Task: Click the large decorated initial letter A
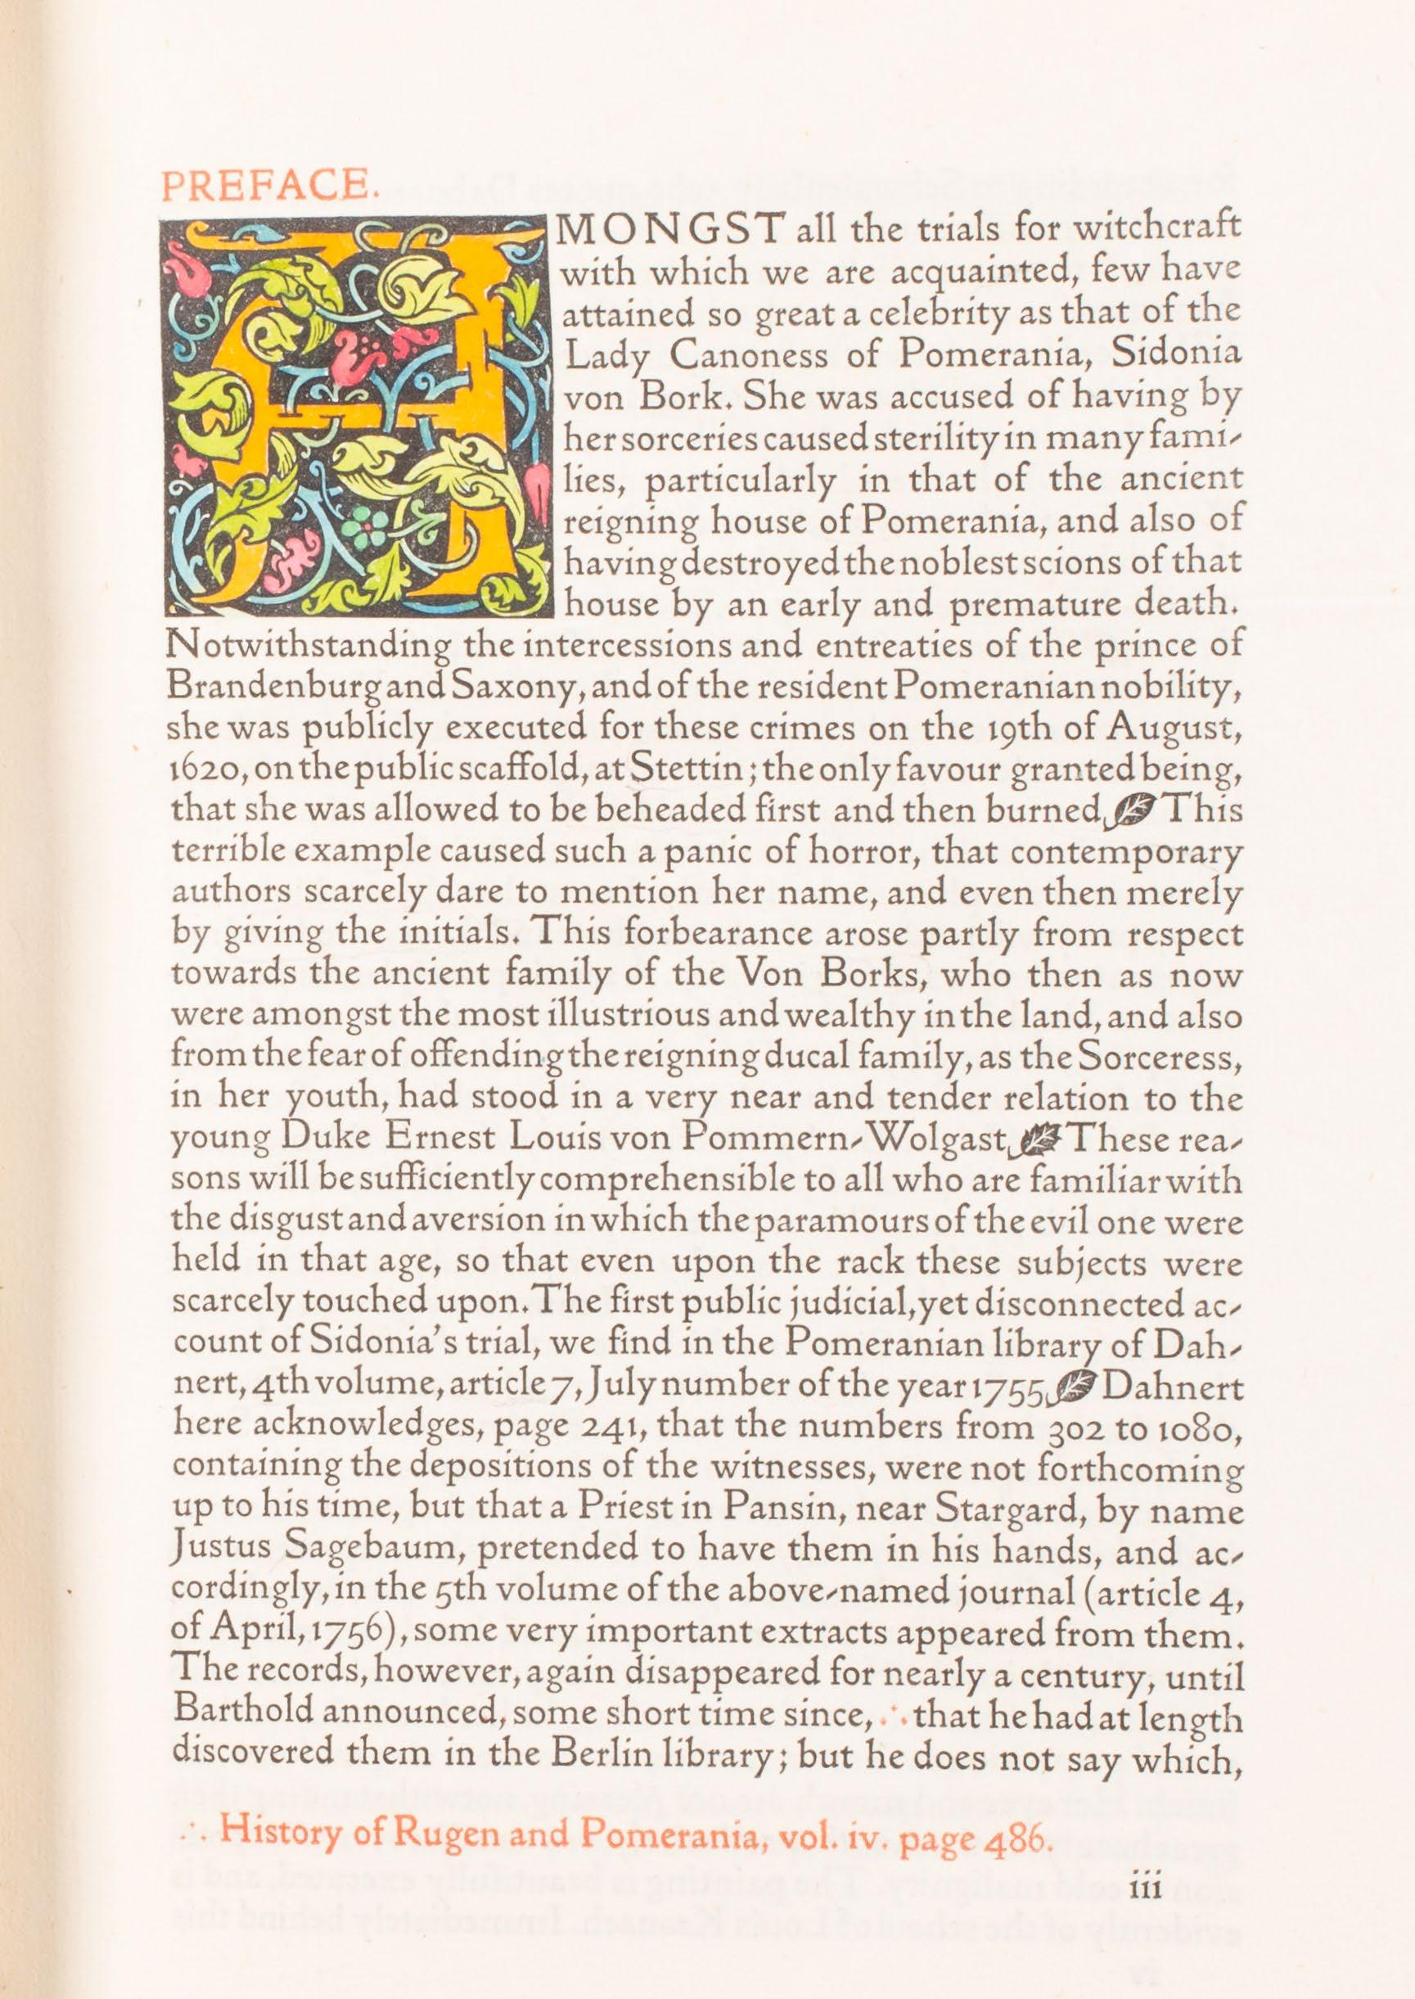click(358, 413)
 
